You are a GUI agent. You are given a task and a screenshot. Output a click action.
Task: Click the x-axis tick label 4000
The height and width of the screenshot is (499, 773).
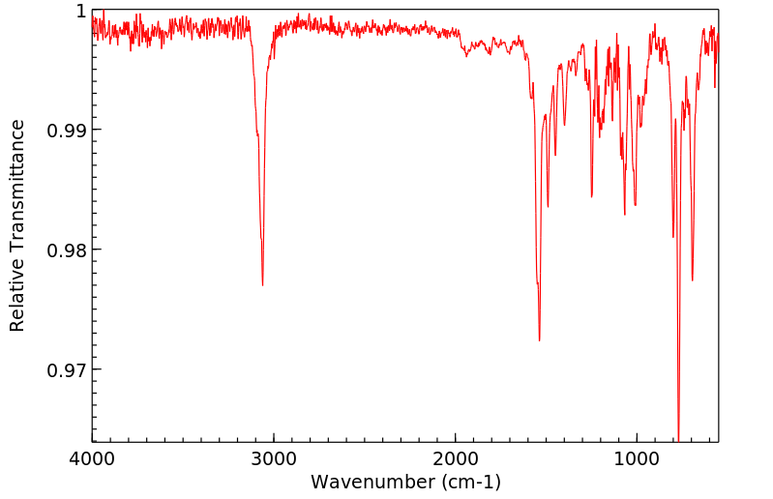click(x=93, y=456)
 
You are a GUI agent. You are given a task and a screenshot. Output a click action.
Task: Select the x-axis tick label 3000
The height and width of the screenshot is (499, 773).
click(x=274, y=456)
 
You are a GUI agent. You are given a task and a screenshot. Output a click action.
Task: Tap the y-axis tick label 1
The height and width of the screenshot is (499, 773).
click(x=80, y=11)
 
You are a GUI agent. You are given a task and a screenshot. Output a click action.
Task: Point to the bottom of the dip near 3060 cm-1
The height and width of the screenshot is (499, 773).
click(x=262, y=285)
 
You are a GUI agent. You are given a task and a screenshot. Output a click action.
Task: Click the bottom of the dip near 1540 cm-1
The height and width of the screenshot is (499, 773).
click(x=539, y=340)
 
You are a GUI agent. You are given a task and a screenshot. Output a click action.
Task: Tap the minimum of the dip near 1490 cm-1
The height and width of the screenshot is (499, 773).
click(x=548, y=206)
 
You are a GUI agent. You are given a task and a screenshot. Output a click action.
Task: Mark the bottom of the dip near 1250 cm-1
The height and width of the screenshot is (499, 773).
click(x=591, y=196)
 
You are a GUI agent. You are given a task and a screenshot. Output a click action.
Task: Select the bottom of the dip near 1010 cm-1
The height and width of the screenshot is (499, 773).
click(x=635, y=205)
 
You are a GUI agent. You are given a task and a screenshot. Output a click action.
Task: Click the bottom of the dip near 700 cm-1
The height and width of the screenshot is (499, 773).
click(x=692, y=280)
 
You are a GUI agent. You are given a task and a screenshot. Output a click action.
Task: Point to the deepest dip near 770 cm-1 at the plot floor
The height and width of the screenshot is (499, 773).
click(x=678, y=440)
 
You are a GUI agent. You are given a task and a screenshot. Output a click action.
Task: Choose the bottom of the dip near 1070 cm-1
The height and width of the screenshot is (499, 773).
click(x=625, y=214)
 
